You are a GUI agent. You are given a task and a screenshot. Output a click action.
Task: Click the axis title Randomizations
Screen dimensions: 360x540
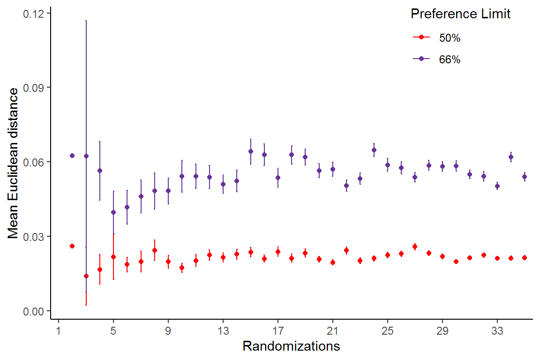(291, 346)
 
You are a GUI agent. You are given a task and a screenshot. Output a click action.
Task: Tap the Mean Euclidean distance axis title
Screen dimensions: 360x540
(14, 163)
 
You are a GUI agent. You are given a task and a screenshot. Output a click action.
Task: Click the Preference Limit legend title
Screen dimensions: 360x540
(460, 14)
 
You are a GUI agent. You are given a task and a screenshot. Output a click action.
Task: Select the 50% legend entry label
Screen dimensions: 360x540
(450, 38)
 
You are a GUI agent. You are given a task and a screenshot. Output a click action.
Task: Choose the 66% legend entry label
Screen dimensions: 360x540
(450, 60)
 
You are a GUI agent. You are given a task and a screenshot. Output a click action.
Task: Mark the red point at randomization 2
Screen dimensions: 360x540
(72, 246)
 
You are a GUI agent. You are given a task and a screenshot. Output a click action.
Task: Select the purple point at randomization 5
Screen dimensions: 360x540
(113, 212)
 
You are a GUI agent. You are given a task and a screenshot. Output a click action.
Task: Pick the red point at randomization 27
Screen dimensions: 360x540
(415, 247)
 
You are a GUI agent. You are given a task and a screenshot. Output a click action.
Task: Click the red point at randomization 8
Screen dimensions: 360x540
(155, 250)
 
